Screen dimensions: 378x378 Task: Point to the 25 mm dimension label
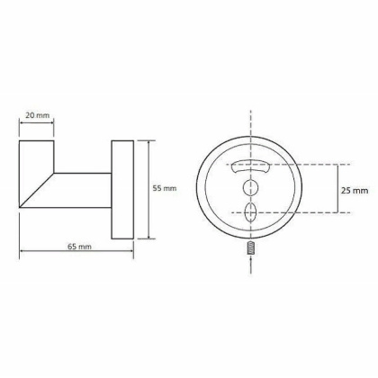(x=354, y=190)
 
